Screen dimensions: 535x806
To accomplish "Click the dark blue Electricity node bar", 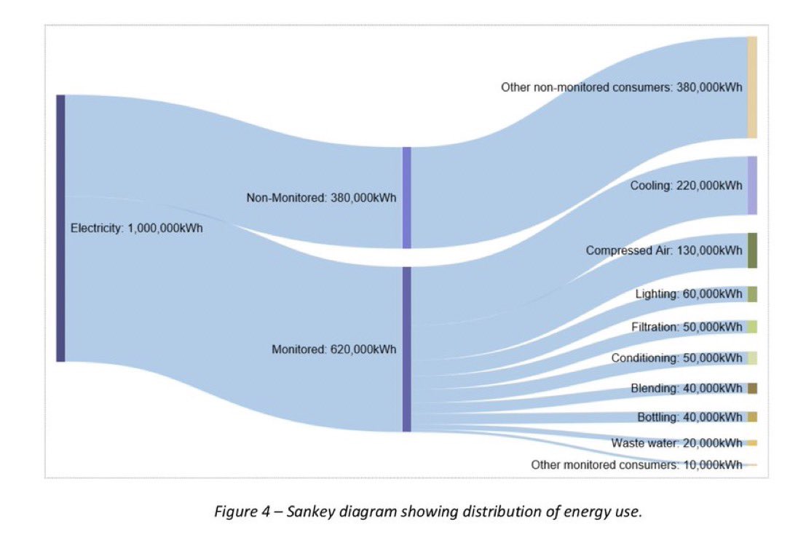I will (60, 228).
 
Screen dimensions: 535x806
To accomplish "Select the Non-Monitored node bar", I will (406, 197).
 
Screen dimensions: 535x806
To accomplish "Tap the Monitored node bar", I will (406, 349).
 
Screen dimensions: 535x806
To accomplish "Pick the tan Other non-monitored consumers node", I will (752, 87).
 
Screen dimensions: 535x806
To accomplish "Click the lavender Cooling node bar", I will (752, 185).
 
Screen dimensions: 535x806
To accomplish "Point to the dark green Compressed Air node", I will (752, 250).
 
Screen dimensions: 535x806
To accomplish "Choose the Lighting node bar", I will (752, 294).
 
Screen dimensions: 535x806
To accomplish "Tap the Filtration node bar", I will (752, 327).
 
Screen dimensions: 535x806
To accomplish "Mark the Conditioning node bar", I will (752, 357).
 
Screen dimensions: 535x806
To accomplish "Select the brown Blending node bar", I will (752, 388).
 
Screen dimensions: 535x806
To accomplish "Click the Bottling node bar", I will (752, 417).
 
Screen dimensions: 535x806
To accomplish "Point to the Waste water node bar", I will (752, 443).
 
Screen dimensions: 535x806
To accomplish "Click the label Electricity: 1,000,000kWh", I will (136, 228).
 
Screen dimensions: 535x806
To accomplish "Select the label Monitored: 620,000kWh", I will (333, 349).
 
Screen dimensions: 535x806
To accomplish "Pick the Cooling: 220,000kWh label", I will (686, 186).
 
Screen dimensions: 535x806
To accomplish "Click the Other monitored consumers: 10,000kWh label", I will (636, 464).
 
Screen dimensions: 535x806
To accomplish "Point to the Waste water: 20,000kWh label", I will (676, 443).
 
